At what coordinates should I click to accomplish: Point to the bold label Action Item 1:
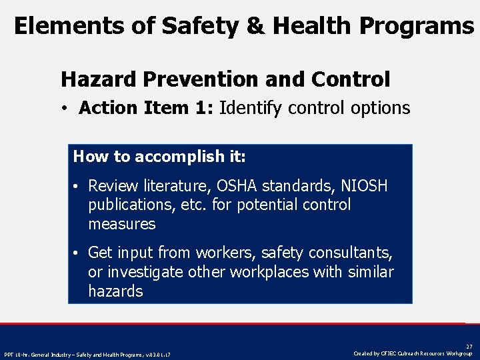(146, 108)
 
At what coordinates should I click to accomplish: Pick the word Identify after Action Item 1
(251, 108)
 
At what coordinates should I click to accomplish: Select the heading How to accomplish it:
(159, 157)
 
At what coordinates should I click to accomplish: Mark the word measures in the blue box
(121, 224)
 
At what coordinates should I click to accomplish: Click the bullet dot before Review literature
(78, 186)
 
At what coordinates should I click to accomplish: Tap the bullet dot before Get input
(78, 253)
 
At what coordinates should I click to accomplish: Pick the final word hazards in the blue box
(115, 291)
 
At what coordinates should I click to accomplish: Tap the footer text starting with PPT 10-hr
(87, 354)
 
